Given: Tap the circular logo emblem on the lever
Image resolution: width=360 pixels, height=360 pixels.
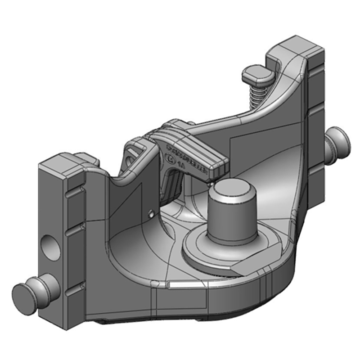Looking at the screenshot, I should click(170, 158).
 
